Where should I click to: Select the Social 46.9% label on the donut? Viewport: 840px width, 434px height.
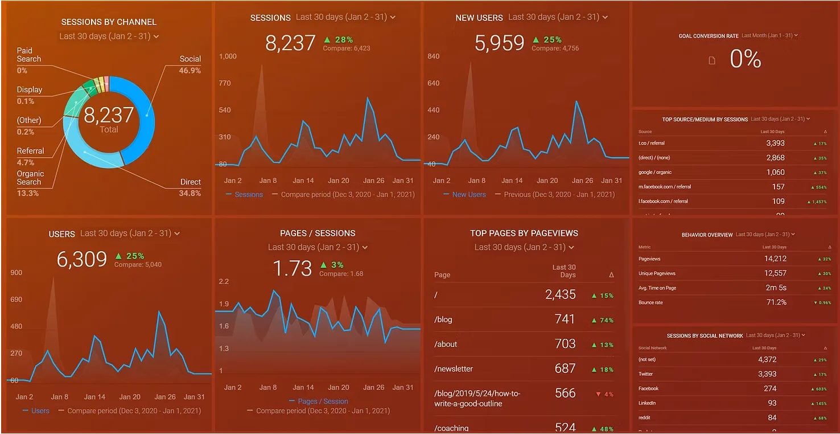[190, 64]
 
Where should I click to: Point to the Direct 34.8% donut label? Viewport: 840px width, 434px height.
[190, 187]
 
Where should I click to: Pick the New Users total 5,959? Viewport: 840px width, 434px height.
[499, 43]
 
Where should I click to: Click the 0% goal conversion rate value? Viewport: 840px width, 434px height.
[745, 59]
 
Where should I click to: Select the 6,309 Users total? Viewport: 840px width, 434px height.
[81, 260]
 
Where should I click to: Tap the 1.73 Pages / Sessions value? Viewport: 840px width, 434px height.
[293, 268]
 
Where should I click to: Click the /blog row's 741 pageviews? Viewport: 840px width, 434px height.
[565, 319]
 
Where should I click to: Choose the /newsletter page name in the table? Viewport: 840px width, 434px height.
[454, 369]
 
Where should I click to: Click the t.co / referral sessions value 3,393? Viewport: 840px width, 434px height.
[775, 144]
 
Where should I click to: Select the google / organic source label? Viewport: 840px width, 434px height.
[655, 172]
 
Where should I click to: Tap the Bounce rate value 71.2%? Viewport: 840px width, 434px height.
[776, 302]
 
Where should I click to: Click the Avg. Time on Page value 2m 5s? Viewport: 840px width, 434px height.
[776, 288]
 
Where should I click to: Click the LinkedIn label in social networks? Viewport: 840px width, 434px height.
[647, 403]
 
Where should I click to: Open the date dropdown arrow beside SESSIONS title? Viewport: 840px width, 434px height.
[393, 18]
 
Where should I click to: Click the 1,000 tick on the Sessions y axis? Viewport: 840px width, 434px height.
[228, 56]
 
